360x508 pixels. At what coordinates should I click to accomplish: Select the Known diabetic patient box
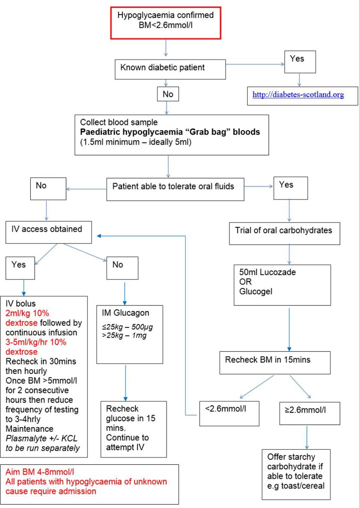point(170,68)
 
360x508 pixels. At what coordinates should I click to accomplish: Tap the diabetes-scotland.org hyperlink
point(298,95)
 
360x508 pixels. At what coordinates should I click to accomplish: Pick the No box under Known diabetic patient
point(168,95)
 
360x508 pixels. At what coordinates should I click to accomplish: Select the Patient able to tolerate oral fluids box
point(175,187)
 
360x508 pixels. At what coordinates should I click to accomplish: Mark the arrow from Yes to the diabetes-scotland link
point(300,80)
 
